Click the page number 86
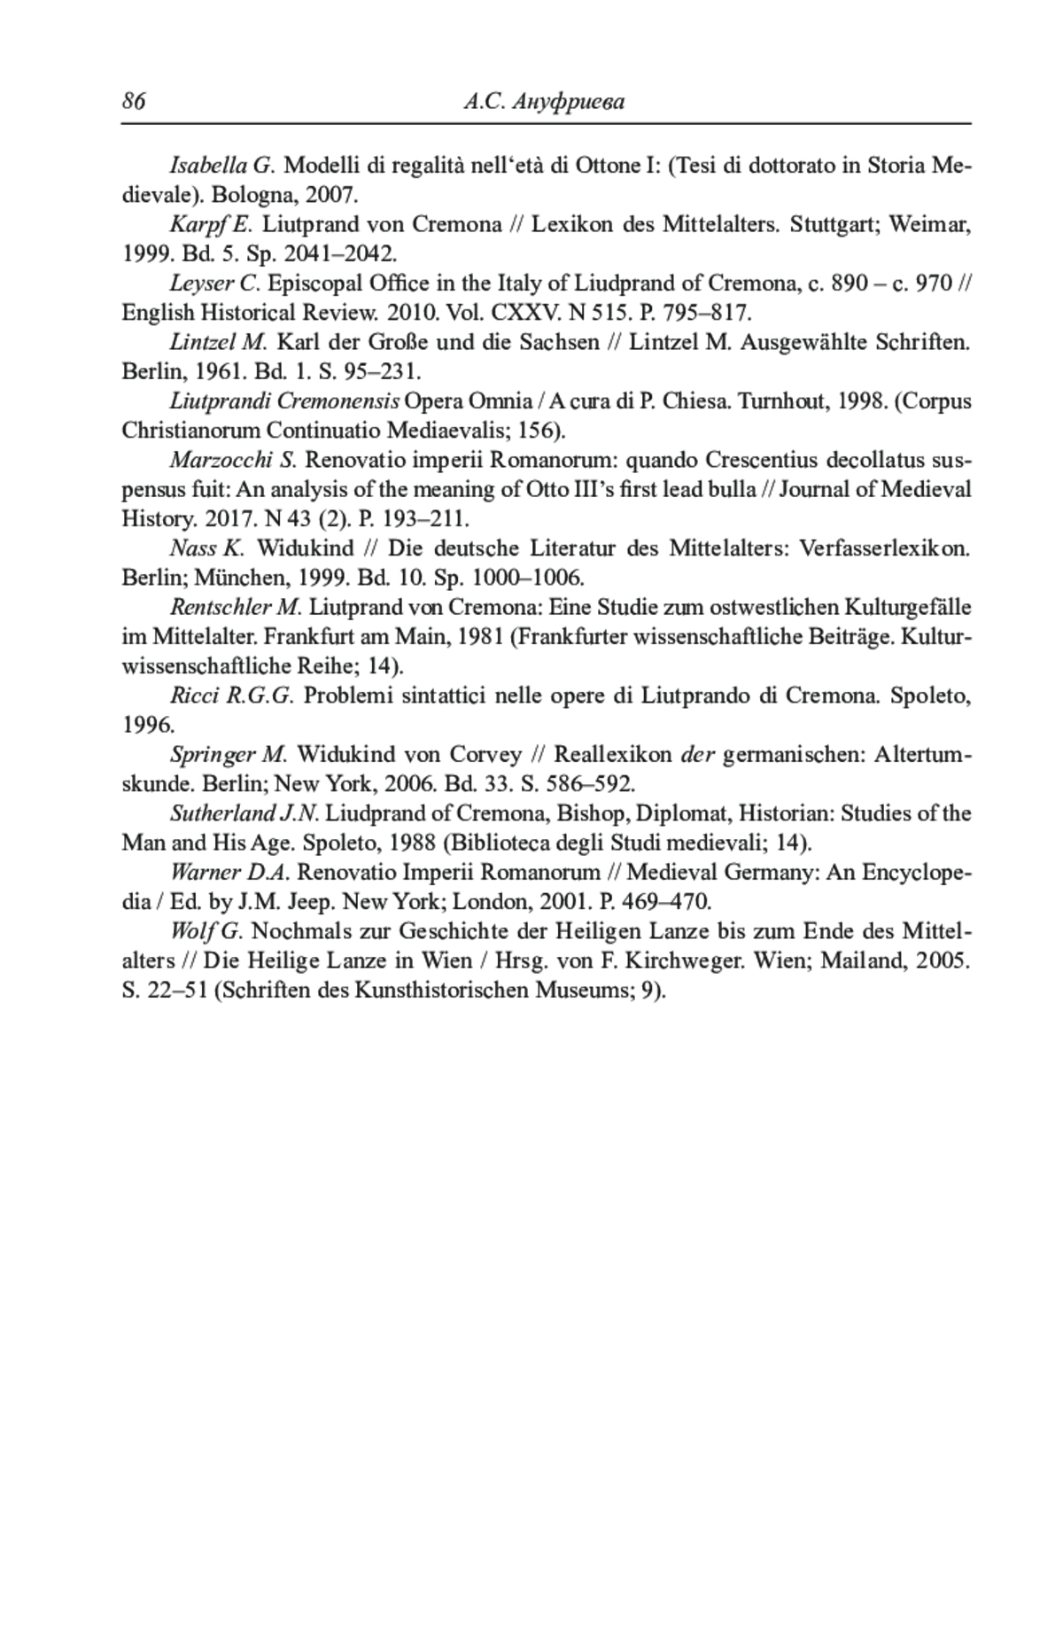[x=134, y=102]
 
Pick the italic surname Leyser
[x=202, y=284]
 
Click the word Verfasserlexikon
[x=884, y=548]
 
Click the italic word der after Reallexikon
[x=697, y=755]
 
